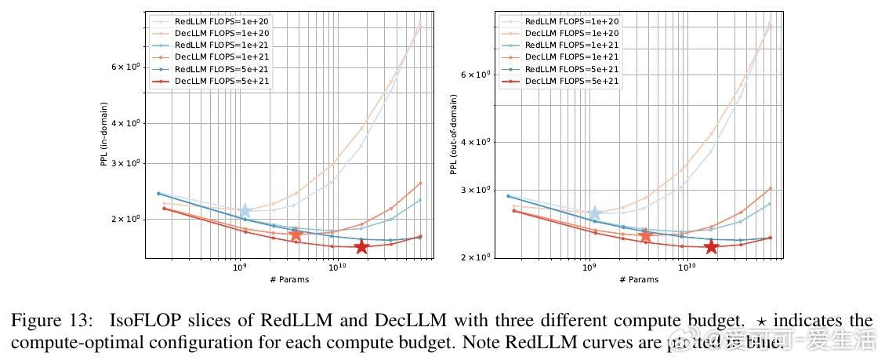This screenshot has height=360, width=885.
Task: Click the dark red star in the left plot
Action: point(361,247)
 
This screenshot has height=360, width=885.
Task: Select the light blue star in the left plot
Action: point(245,210)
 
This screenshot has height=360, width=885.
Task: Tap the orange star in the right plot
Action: point(646,235)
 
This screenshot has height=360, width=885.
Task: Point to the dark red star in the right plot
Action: point(711,247)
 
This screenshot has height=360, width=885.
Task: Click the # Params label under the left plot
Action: point(288,280)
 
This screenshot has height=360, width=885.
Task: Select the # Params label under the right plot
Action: point(638,280)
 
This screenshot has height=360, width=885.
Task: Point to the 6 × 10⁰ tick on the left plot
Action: point(125,67)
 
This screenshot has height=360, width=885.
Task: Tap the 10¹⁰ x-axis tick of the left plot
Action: point(337,268)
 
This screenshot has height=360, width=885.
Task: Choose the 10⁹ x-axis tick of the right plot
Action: point(589,268)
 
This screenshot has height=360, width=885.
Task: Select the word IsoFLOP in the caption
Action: point(126,321)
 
